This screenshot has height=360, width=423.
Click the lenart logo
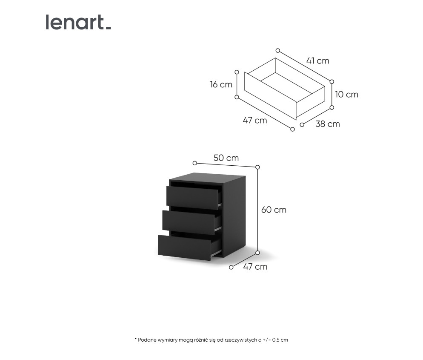[78, 22]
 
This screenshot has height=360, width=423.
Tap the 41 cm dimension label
[318, 61]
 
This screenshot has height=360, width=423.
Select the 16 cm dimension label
[221, 84]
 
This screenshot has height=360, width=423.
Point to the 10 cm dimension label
[346, 95]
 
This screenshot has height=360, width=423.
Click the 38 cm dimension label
[328, 124]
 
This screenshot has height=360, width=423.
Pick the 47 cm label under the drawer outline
[255, 120]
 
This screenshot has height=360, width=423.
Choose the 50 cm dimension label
[226, 158]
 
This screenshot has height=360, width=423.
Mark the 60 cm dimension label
[274, 210]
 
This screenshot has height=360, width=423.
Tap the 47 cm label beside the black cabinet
[255, 267]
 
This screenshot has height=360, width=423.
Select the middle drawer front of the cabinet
[188, 222]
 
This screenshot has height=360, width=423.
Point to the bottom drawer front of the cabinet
[184, 248]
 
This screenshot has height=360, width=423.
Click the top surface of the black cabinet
[207, 178]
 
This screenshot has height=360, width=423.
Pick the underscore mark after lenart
[108, 28]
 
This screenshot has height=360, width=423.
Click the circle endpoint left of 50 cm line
[195, 163]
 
